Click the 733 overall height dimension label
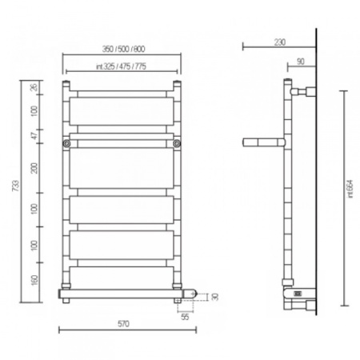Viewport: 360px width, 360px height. pos(16,186)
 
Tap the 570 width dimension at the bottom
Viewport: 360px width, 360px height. pos(123,324)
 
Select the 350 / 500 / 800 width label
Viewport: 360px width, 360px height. pos(124,49)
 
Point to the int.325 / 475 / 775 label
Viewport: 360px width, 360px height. pos(122,66)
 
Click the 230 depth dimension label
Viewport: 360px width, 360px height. pos(280,42)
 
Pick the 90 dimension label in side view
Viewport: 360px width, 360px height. pos(301,62)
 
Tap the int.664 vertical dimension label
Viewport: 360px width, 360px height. pos(350,189)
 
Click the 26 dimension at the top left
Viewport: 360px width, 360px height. pos(34,87)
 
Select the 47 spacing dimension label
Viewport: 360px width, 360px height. pos(34,136)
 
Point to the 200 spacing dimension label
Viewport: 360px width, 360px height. pos(34,168)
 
